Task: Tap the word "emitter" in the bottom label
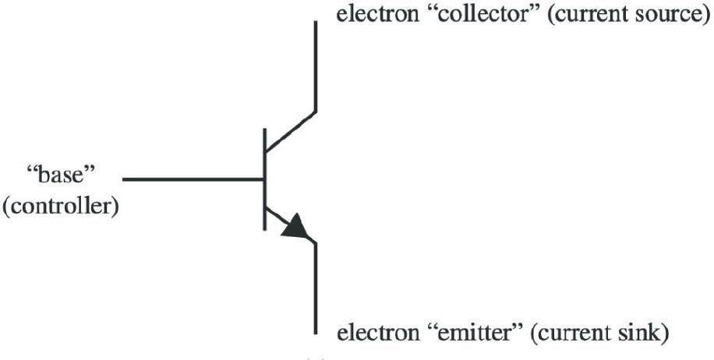(x=475, y=334)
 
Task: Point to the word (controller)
(x=61, y=207)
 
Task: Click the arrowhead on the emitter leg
(x=295, y=226)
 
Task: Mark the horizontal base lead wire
(x=193, y=179)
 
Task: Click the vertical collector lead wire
(x=315, y=66)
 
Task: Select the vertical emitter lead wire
(x=315, y=288)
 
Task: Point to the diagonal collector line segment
(x=290, y=131)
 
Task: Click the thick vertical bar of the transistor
(x=264, y=179)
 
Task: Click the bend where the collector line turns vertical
(x=315, y=111)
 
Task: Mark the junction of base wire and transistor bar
(x=263, y=179)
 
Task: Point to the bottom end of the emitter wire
(x=315, y=334)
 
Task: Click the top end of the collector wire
(x=315, y=21)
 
